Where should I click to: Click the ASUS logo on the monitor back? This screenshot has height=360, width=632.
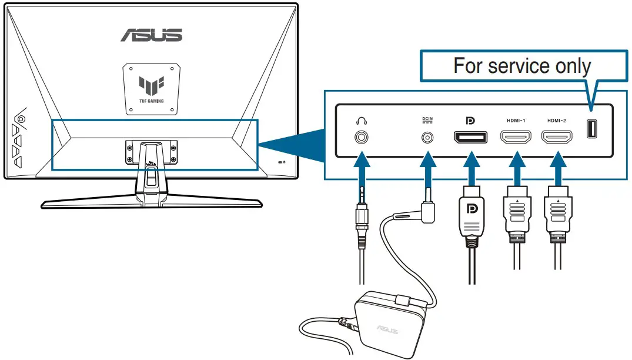pos(151,35)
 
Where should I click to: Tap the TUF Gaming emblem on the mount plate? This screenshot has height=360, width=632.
pos(151,88)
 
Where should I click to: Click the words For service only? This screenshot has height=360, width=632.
pos(521,66)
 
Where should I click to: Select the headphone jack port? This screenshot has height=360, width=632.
pos(361,137)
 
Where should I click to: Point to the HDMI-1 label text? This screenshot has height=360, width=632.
pos(516,121)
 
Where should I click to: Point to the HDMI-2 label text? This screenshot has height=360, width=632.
pos(556,121)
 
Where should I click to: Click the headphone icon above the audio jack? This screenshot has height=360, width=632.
pos(361,121)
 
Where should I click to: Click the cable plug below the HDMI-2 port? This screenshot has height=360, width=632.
pos(556,215)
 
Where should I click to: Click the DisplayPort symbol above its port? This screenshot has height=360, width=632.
pos(470,121)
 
